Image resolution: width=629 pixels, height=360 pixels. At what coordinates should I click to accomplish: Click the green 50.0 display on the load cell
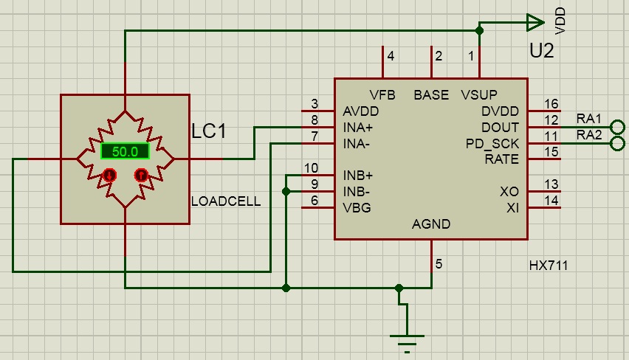126,151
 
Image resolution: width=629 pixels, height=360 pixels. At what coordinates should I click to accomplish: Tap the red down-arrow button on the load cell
109,175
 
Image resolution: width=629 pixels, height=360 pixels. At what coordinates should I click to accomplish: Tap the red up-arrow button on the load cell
141,175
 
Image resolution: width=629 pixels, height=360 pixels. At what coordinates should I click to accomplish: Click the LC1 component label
209,131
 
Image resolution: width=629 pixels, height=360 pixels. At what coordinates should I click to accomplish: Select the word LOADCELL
226,201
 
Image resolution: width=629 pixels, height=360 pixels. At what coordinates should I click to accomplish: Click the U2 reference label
542,50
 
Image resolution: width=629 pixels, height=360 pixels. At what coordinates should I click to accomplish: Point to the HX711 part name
549,266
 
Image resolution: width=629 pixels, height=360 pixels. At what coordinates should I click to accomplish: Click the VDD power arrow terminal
535,22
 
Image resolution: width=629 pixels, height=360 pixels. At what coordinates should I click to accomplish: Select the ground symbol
407,340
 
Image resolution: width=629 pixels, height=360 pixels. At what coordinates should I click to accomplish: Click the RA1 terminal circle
617,127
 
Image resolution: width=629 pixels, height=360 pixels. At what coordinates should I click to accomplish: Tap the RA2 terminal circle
617,143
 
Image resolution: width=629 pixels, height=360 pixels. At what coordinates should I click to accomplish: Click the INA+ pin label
358,128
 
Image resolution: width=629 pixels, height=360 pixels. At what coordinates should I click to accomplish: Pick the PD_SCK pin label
492,144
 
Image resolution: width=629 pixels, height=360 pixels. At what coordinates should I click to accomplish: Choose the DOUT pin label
501,128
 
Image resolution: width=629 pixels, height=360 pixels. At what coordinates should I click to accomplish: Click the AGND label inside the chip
431,224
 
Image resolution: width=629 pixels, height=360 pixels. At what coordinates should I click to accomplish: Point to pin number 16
551,104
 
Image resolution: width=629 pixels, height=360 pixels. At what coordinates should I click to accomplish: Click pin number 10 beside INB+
311,168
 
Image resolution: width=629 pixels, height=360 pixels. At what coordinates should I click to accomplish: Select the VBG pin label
357,207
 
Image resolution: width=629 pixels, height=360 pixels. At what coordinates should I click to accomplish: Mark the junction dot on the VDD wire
479,30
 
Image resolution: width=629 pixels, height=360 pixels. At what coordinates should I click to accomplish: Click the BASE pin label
431,95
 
